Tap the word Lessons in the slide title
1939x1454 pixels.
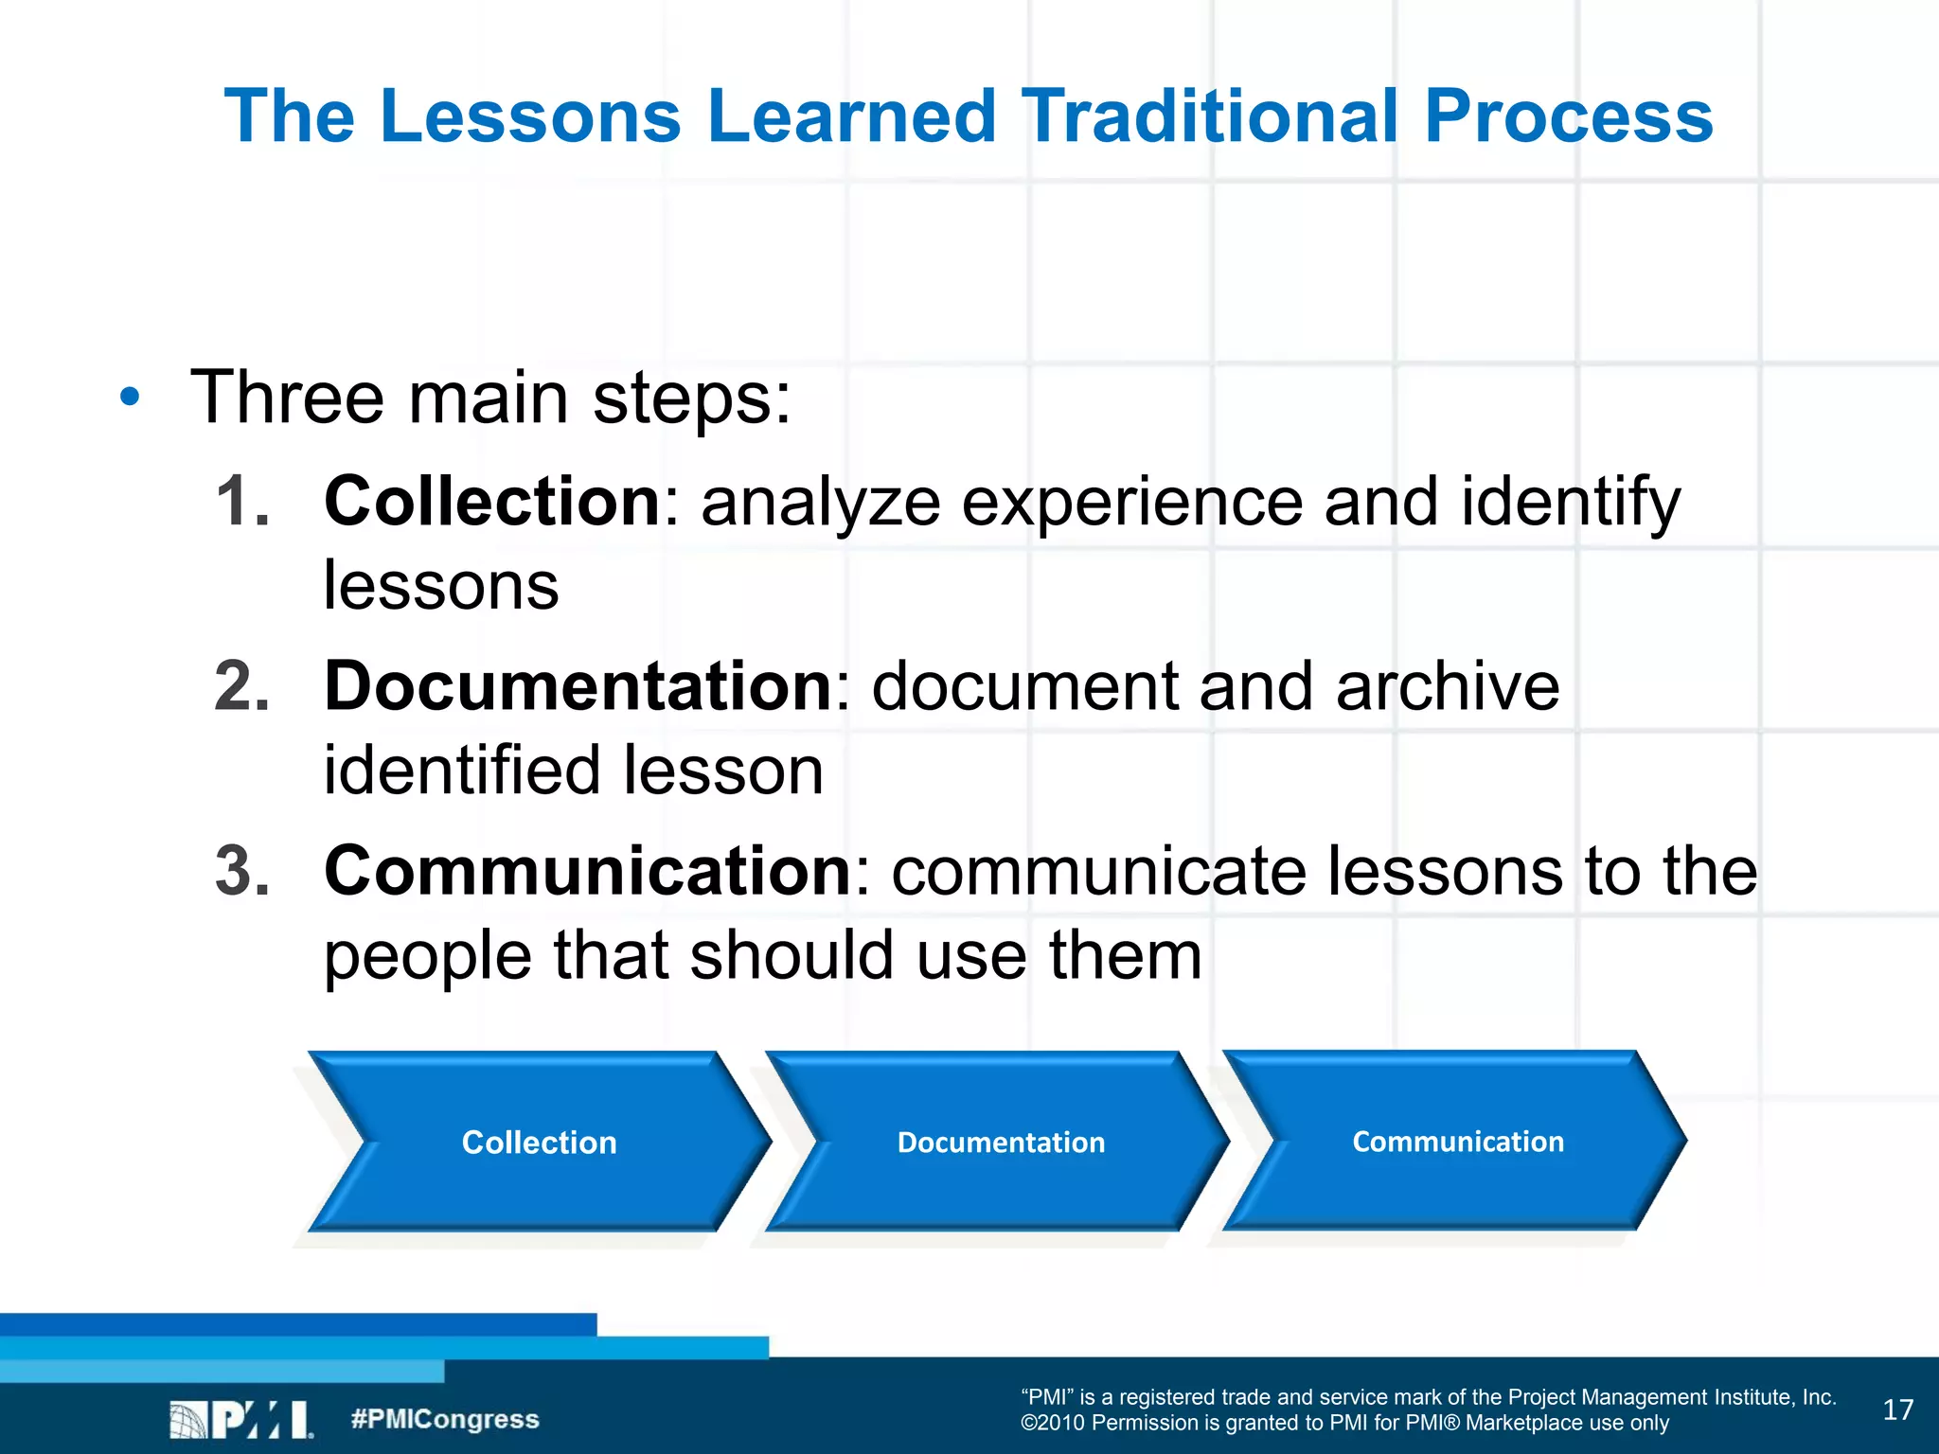click(530, 116)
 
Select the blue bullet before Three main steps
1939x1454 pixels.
click(130, 398)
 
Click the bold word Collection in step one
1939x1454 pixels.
click(491, 501)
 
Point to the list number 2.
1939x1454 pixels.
click(242, 685)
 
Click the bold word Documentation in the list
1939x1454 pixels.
click(578, 685)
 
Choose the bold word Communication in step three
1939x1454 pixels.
click(588, 870)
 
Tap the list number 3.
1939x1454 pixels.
click(242, 870)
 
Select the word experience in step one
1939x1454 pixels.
click(1131, 501)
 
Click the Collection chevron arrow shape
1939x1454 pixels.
click(539, 1142)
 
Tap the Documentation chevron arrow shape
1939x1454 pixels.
click(1000, 1142)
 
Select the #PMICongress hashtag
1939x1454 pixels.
click(444, 1419)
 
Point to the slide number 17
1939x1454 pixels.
click(1897, 1410)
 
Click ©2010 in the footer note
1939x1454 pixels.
click(1052, 1423)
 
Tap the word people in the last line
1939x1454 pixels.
click(427, 956)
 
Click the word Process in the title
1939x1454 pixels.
click(1568, 116)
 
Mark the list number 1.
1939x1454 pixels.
click(242, 501)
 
